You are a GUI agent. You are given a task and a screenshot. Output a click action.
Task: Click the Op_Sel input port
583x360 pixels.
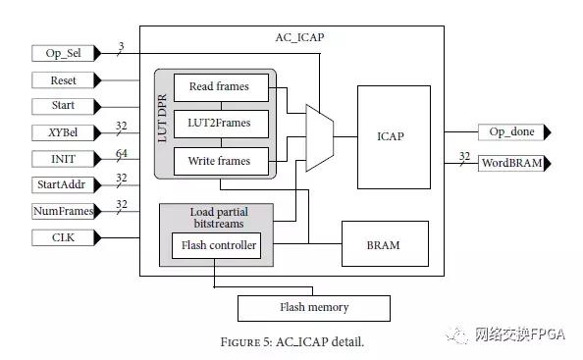pyautogui.click(x=65, y=53)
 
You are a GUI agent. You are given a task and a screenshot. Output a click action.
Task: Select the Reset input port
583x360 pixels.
pyautogui.click(x=65, y=79)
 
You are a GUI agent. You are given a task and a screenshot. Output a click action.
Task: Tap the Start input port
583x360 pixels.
pyautogui.click(x=65, y=105)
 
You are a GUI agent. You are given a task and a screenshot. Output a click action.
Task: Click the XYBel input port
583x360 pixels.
pyautogui.click(x=65, y=131)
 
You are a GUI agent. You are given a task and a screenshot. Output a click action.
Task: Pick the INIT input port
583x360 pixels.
pyautogui.click(x=65, y=158)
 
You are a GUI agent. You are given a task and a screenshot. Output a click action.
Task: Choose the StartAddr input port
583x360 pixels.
pyautogui.click(x=65, y=184)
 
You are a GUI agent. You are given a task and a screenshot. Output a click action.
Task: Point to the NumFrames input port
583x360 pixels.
pyautogui.click(x=65, y=211)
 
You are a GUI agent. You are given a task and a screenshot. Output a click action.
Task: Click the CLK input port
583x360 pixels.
pyautogui.click(x=65, y=236)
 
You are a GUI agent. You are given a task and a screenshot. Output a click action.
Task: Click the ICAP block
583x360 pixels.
pyautogui.click(x=393, y=136)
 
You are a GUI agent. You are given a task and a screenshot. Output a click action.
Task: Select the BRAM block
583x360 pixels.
pyautogui.click(x=384, y=244)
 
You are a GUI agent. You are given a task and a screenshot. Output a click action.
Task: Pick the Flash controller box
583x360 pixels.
pyautogui.click(x=216, y=245)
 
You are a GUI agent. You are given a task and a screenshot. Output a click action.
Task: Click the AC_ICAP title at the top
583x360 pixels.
pyautogui.click(x=299, y=37)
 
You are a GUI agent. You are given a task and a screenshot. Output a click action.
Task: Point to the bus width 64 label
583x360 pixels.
pyautogui.click(x=123, y=152)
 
